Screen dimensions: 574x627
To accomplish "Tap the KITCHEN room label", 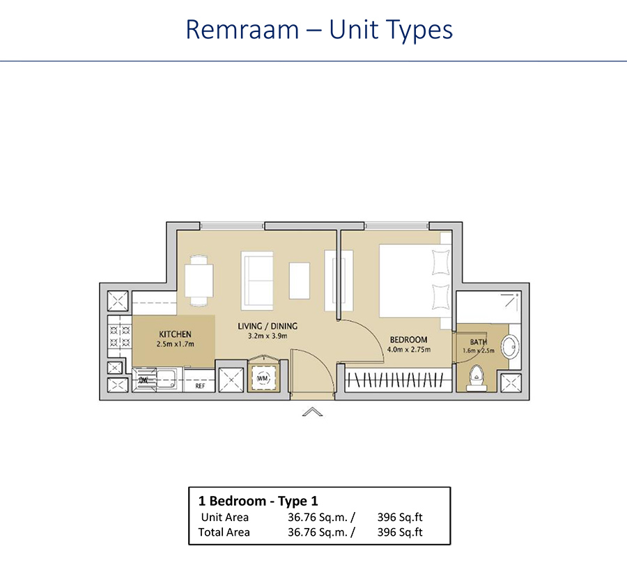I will coord(175,334).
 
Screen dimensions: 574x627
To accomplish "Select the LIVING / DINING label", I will coord(268,326).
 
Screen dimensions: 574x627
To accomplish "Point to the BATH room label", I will coord(479,342).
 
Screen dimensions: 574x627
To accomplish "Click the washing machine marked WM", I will coord(263,377).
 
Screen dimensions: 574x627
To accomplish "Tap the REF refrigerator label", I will coord(200,385).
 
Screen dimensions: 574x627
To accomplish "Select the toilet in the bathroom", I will coord(477,376).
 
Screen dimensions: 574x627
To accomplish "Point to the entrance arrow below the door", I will coord(313,412).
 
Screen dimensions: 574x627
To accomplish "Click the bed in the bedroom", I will coord(411,279).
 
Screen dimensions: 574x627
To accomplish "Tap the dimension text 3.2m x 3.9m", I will coord(268,336).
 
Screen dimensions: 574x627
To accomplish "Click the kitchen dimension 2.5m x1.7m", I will coord(175,344).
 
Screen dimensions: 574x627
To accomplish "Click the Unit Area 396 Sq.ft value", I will coord(400,517).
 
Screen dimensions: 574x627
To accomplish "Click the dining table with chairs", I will coord(199,281).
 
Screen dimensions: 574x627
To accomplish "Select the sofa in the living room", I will coord(257,281).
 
